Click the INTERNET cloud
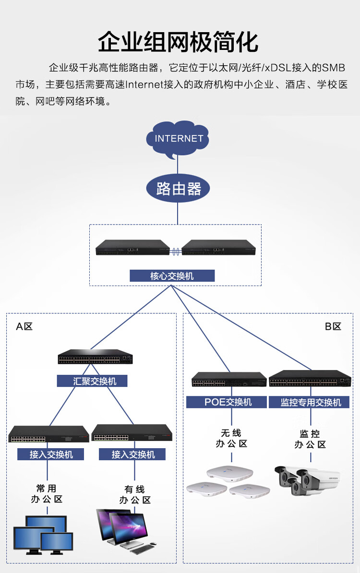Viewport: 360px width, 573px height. click(179, 139)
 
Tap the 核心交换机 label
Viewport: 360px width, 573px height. click(172, 276)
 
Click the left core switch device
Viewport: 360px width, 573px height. click(132, 248)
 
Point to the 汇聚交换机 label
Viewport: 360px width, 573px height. click(95, 381)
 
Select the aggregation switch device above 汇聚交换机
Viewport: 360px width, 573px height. click(95, 357)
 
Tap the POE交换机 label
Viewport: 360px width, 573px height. click(226, 402)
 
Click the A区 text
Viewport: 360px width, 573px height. click(24, 327)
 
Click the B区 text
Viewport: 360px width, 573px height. click(333, 327)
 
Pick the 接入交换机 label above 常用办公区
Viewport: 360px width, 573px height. click(51, 454)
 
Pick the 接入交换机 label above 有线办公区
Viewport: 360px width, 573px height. click(132, 454)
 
